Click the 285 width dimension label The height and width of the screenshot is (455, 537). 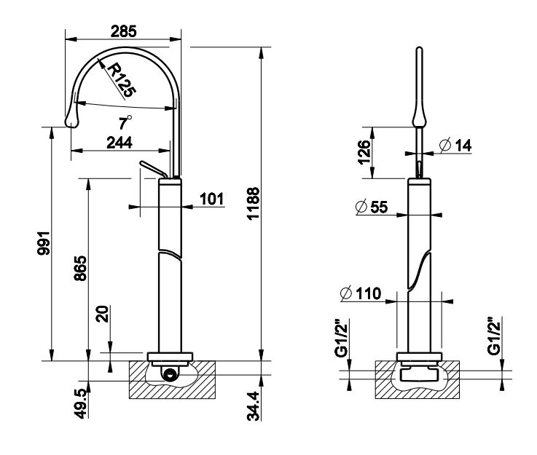pos(122,31)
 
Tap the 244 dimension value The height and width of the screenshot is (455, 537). pos(119,143)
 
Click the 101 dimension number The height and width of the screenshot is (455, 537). pos(211,199)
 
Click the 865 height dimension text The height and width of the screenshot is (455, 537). pos(82,269)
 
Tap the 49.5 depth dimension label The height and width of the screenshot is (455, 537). pos(82,403)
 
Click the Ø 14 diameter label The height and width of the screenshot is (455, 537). pos(456,146)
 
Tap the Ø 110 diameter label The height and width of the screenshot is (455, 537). pos(358,294)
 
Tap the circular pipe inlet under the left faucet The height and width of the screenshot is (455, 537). pos(170,376)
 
